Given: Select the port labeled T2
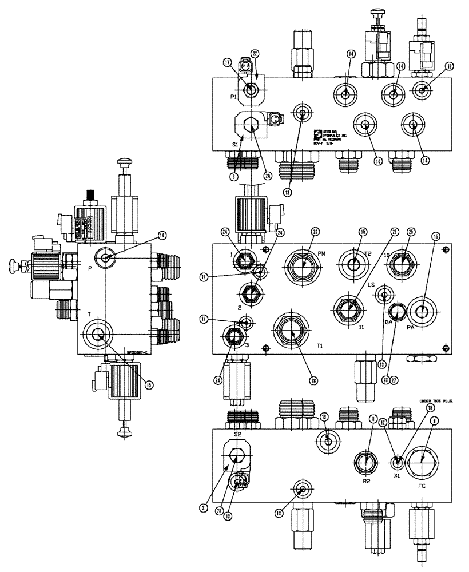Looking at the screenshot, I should (x=355, y=264).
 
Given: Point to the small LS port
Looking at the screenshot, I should (x=383, y=295).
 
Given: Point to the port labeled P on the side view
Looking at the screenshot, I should (x=105, y=259).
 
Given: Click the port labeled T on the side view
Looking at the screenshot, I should (x=98, y=335).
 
